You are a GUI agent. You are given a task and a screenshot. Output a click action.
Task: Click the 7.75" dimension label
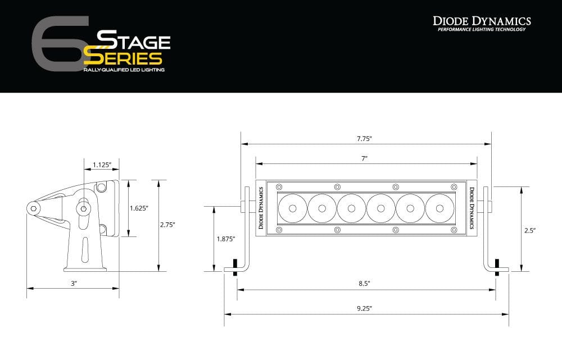tap(365, 138)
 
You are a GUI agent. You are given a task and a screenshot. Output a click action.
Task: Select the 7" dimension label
tap(365, 159)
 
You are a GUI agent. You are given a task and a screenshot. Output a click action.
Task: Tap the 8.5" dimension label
tap(365, 284)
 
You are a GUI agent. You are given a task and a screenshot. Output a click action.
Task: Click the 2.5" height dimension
tap(529, 230)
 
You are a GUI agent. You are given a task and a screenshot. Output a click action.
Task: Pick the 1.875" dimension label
tap(226, 239)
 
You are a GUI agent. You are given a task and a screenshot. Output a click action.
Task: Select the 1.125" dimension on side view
tap(102, 165)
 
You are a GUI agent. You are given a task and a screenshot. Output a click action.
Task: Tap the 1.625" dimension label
tap(138, 208)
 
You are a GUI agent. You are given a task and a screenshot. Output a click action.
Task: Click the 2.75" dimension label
tap(167, 224)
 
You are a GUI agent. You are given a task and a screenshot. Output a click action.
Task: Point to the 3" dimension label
tap(74, 284)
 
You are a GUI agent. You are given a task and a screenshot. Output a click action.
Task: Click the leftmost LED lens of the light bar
tap(292, 208)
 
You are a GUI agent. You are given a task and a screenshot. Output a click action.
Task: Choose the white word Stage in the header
tap(134, 40)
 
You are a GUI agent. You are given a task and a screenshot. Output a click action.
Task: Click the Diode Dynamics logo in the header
tap(482, 23)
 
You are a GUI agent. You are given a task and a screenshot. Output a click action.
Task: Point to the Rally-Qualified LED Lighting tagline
tap(124, 70)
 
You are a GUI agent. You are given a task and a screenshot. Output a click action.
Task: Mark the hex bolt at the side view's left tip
tap(35, 208)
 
